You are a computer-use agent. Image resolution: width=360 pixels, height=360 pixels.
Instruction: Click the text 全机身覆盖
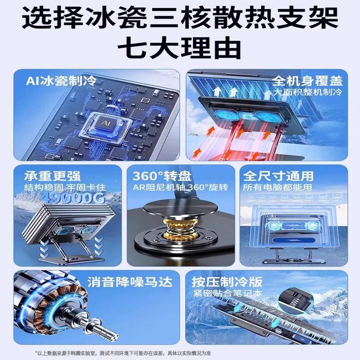pyautogui.click(x=308, y=81)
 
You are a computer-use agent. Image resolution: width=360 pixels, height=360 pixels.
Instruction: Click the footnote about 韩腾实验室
pyautogui.click(x=180, y=351)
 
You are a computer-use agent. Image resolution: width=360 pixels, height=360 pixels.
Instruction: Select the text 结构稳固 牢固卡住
pyautogui.click(x=61, y=186)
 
